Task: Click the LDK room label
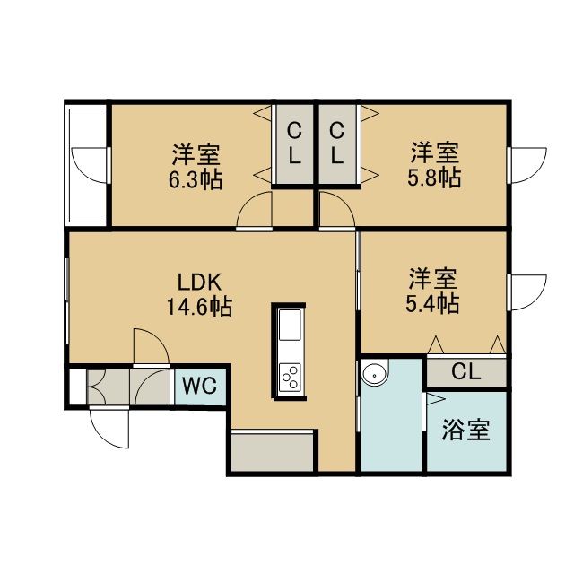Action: point(199,283)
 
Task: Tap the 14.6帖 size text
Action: point(199,307)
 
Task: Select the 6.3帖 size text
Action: point(196,179)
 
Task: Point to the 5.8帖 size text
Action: point(434,178)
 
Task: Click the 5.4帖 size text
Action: point(432,303)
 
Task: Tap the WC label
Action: point(200,386)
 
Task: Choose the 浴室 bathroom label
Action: point(466,430)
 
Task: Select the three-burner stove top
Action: point(290,377)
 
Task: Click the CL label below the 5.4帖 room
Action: point(465,372)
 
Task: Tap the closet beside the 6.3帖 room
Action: point(295,144)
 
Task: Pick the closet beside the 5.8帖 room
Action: point(337,144)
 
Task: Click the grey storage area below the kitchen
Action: point(273,452)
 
